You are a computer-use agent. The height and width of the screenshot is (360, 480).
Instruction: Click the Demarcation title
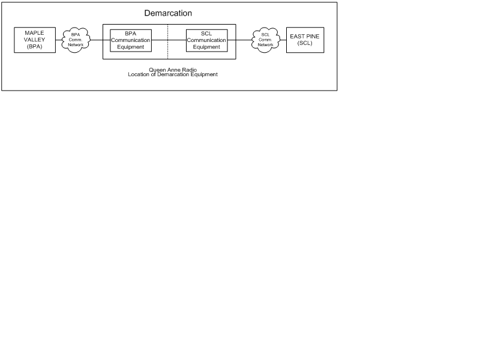pyautogui.click(x=168, y=13)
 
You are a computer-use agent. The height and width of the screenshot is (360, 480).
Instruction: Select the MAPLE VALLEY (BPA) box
pyautogui.click(x=35, y=40)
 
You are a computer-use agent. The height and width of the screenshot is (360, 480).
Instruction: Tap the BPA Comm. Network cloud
pyautogui.click(x=76, y=40)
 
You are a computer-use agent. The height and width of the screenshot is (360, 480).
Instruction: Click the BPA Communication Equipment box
pyautogui.click(x=131, y=40)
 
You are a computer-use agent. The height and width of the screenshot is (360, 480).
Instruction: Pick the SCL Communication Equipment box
pyautogui.click(x=206, y=40)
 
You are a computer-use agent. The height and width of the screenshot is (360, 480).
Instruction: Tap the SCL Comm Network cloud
pyautogui.click(x=266, y=40)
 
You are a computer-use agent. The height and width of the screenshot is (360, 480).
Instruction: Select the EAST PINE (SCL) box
pyautogui.click(x=305, y=40)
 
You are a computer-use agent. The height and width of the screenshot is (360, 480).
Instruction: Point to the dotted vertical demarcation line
pyautogui.click(x=168, y=41)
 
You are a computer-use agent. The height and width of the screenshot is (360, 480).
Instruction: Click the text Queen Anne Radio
pyautogui.click(x=173, y=70)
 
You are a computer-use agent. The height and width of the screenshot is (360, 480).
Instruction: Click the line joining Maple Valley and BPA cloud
pyautogui.click(x=59, y=40)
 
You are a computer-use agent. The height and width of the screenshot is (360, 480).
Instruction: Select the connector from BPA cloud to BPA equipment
pyautogui.click(x=100, y=40)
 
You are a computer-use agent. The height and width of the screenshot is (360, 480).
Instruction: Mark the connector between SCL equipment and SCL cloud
pyautogui.click(x=239, y=40)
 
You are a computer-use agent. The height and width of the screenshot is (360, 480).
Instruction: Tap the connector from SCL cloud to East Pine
pyautogui.click(x=283, y=40)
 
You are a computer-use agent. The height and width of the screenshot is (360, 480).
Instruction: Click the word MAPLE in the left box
pyautogui.click(x=35, y=33)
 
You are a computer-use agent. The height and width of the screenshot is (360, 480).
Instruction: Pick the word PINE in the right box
pyautogui.click(x=313, y=36)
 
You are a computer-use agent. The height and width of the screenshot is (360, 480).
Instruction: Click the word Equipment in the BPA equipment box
pyautogui.click(x=130, y=47)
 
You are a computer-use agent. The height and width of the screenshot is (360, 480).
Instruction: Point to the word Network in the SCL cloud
pyautogui.click(x=265, y=44)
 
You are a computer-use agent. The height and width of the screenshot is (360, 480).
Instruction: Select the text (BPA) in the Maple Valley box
pyautogui.click(x=35, y=47)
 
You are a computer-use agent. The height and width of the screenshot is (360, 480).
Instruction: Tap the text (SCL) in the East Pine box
pyautogui.click(x=305, y=43)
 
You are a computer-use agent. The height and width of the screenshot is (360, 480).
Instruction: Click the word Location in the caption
pyautogui.click(x=139, y=74)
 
